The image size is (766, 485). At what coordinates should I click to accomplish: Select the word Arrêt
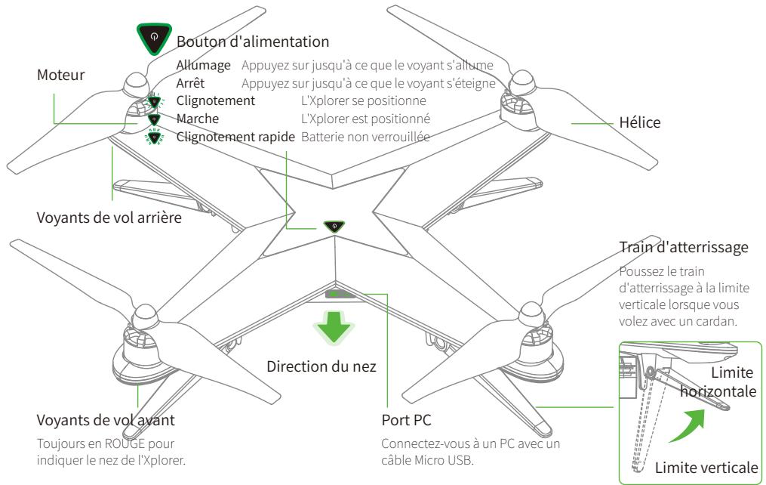pos(190,83)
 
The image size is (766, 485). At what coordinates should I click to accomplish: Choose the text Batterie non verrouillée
pos(365,137)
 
